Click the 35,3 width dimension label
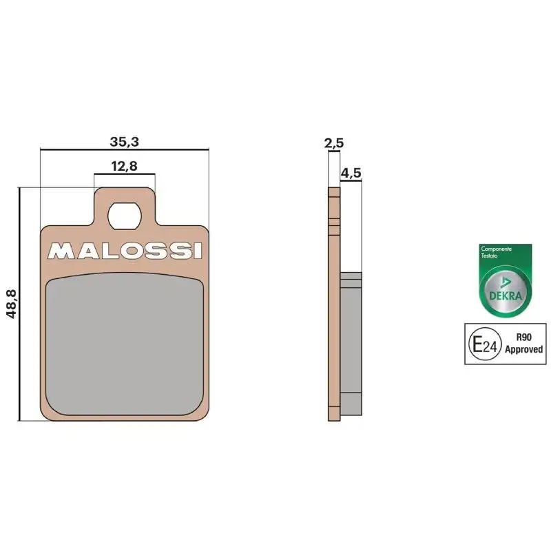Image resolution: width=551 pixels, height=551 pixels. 125,143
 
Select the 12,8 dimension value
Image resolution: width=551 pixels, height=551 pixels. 125,166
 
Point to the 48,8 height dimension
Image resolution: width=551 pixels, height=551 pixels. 10,304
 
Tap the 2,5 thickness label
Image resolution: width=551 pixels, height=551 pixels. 334,143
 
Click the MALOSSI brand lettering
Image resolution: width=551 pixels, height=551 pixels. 125,250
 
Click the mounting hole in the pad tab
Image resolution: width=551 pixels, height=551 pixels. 125,215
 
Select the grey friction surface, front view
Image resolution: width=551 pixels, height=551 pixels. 125,342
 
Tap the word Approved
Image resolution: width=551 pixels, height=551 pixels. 524,349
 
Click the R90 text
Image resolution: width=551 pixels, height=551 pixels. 523,338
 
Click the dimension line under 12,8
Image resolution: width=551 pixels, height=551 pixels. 125,174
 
